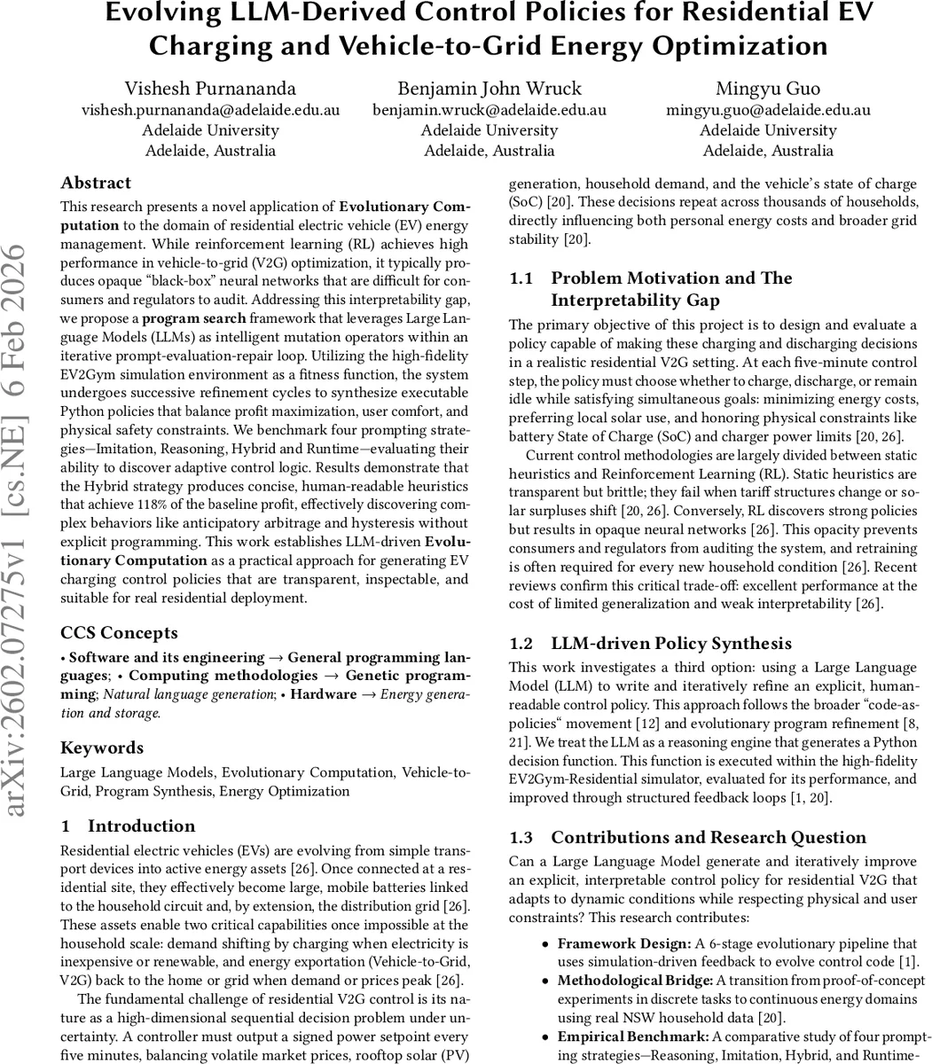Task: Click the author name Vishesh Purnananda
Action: tap(210, 89)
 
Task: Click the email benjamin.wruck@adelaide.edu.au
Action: tap(489, 110)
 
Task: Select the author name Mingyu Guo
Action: tap(767, 89)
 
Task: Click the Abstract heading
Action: tap(95, 183)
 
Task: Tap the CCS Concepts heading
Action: tap(119, 633)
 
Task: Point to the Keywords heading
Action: tap(101, 747)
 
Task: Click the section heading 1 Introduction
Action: tap(128, 826)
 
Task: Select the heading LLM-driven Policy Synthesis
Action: tap(670, 643)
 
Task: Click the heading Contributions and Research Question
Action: tap(708, 837)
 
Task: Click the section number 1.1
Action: tap(521, 278)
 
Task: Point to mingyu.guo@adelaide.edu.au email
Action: tap(767, 110)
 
